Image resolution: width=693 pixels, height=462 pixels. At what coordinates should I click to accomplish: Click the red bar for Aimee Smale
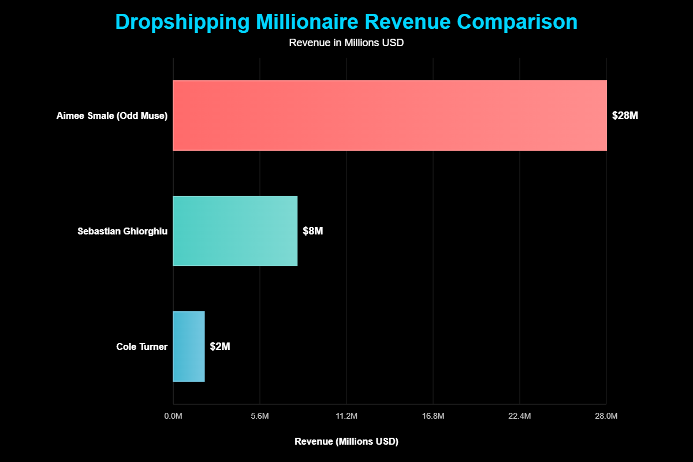tap(390, 115)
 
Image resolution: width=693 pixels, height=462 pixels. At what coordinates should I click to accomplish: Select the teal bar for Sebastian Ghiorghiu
tap(235, 231)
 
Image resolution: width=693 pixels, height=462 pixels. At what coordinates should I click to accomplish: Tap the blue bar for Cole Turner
tap(189, 346)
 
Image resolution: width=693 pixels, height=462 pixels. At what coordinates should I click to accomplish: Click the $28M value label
tap(625, 115)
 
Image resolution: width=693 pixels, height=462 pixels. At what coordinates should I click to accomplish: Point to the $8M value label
tap(312, 231)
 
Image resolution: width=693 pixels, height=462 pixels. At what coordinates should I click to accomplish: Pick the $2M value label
tap(220, 346)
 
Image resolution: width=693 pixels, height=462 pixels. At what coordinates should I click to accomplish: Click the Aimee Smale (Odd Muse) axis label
tap(112, 115)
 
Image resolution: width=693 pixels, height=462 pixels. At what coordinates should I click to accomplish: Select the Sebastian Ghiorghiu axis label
tap(122, 231)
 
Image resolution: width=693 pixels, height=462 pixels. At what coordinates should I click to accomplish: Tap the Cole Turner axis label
tap(142, 346)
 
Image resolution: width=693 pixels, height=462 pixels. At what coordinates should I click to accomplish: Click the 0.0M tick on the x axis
tap(173, 416)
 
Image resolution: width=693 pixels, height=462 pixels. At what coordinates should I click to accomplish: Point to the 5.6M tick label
tap(260, 416)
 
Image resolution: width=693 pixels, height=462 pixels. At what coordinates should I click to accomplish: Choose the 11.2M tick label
tap(346, 416)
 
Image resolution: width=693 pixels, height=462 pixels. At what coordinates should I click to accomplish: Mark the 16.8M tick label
tap(433, 416)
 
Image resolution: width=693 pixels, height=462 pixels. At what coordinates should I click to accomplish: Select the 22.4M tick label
tap(520, 416)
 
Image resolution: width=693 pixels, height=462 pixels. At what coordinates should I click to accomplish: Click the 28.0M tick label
tap(606, 416)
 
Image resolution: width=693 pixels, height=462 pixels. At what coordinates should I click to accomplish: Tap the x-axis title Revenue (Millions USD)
tap(346, 441)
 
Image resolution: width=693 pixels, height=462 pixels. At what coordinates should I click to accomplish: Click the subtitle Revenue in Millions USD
tap(346, 43)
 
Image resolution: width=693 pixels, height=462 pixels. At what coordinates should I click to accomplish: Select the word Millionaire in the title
tap(313, 22)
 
